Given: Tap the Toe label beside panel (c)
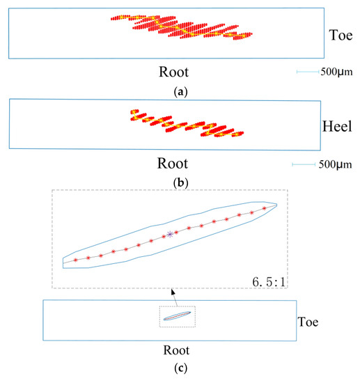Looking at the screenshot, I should coord(308,322).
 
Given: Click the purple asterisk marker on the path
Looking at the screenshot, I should coord(169,235).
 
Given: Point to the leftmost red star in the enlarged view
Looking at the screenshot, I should coord(76,260).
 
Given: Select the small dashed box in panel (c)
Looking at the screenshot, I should coord(178,317).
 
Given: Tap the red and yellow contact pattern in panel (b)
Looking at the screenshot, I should coord(184,124).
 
